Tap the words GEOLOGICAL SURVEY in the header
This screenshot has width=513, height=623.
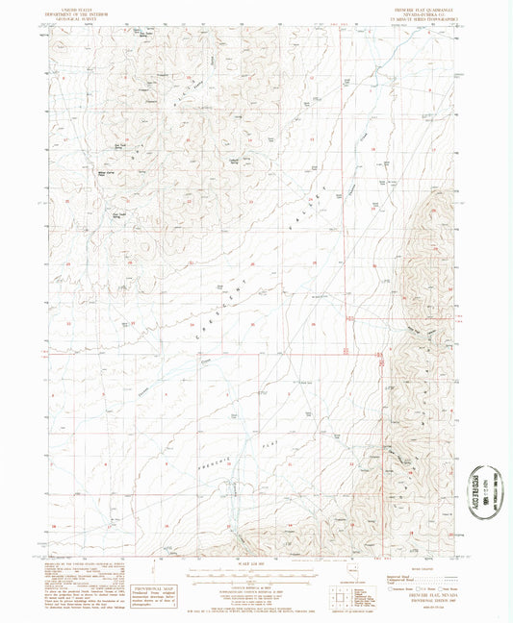tap(81, 20)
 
